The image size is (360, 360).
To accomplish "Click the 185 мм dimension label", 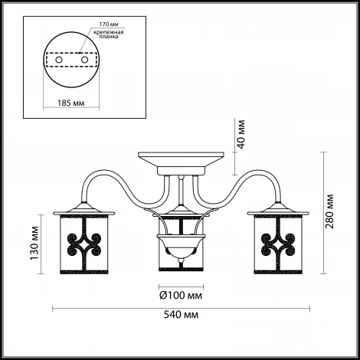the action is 71,103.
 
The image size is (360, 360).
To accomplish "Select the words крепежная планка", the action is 109,34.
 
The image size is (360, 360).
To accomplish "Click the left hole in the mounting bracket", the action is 59,60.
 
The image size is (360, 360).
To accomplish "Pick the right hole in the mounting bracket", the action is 84,60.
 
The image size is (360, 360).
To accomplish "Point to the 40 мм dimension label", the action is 241,134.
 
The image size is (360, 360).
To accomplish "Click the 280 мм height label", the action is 329,211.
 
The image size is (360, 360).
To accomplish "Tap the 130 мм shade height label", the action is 34,243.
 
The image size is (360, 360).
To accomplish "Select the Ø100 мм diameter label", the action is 181,296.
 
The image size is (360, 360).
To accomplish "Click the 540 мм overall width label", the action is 181,315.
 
